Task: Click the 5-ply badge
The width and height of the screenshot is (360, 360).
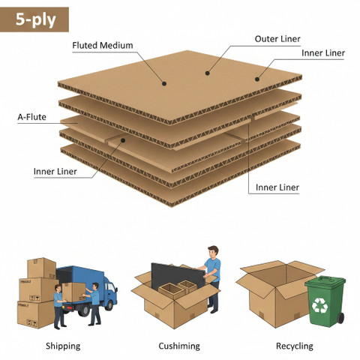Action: (x=34, y=19)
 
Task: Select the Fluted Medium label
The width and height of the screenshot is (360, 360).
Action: (x=103, y=46)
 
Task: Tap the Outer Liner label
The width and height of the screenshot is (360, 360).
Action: (x=277, y=39)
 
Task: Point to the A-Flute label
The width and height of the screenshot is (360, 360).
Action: (x=31, y=117)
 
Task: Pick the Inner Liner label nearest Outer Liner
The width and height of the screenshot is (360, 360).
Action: (x=323, y=53)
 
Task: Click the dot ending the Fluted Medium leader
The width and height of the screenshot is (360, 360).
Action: (x=164, y=83)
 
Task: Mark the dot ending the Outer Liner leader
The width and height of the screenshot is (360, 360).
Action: (x=207, y=73)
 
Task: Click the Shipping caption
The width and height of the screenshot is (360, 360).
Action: (x=63, y=346)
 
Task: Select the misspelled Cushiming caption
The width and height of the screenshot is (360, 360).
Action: (x=179, y=346)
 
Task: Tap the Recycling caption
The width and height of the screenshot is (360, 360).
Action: (x=295, y=346)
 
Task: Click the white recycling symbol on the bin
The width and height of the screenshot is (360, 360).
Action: (x=319, y=305)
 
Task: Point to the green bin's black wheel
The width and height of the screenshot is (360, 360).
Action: (x=340, y=318)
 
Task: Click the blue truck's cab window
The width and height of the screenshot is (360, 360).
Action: (x=111, y=287)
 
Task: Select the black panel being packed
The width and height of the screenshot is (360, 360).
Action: (x=178, y=276)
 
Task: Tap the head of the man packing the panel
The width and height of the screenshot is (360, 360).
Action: (x=213, y=252)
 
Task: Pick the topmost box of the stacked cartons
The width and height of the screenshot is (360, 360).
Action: (x=41, y=268)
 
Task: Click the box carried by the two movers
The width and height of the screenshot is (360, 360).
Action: (x=73, y=292)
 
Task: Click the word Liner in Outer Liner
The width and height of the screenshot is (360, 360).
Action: (x=289, y=39)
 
